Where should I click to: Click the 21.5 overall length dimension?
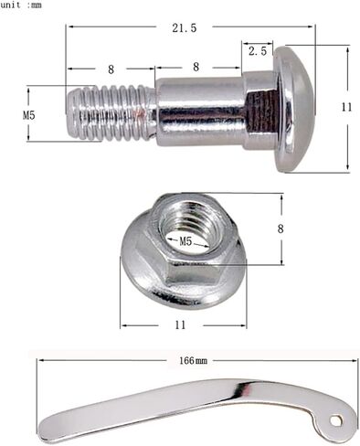pyautogui.click(x=185, y=28)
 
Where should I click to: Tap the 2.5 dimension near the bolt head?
pyautogui.click(x=258, y=51)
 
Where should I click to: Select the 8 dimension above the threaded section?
pyautogui.click(x=111, y=69)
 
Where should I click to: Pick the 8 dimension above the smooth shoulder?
pyautogui.click(x=196, y=67)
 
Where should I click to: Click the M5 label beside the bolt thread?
pyautogui.click(x=29, y=115)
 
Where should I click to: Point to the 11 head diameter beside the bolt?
pyautogui.click(x=346, y=107)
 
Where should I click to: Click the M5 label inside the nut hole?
pyautogui.click(x=185, y=241)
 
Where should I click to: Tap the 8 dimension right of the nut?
pyautogui.click(x=281, y=228)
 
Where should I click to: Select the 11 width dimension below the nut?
pyautogui.click(x=180, y=325)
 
